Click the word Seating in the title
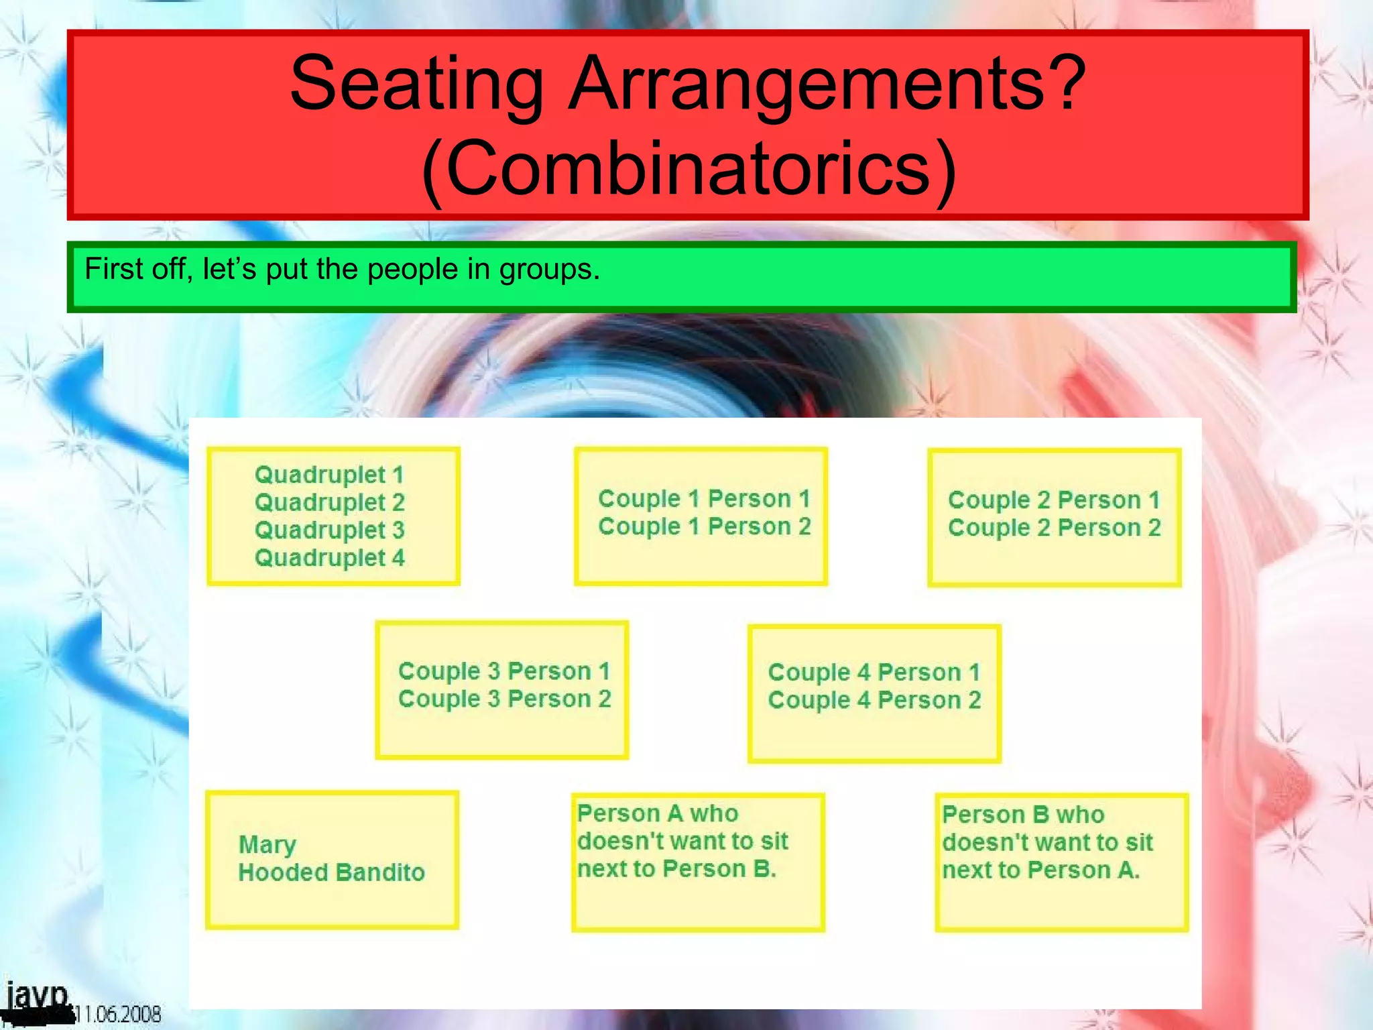point(416,84)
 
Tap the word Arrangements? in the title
point(828,84)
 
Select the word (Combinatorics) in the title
point(689,168)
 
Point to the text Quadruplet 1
point(329,475)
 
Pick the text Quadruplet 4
point(329,558)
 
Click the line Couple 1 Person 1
point(704,499)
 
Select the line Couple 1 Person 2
point(704,527)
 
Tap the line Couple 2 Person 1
point(1054,500)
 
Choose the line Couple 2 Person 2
point(1054,528)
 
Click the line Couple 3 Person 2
point(504,699)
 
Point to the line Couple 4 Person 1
point(874,673)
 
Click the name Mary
point(267,845)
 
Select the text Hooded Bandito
point(331,872)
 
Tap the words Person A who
point(658,813)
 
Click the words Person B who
point(1023,815)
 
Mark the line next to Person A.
point(1040,870)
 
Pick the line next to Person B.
point(676,869)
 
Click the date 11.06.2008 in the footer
point(119,1014)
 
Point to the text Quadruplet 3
point(329,530)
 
